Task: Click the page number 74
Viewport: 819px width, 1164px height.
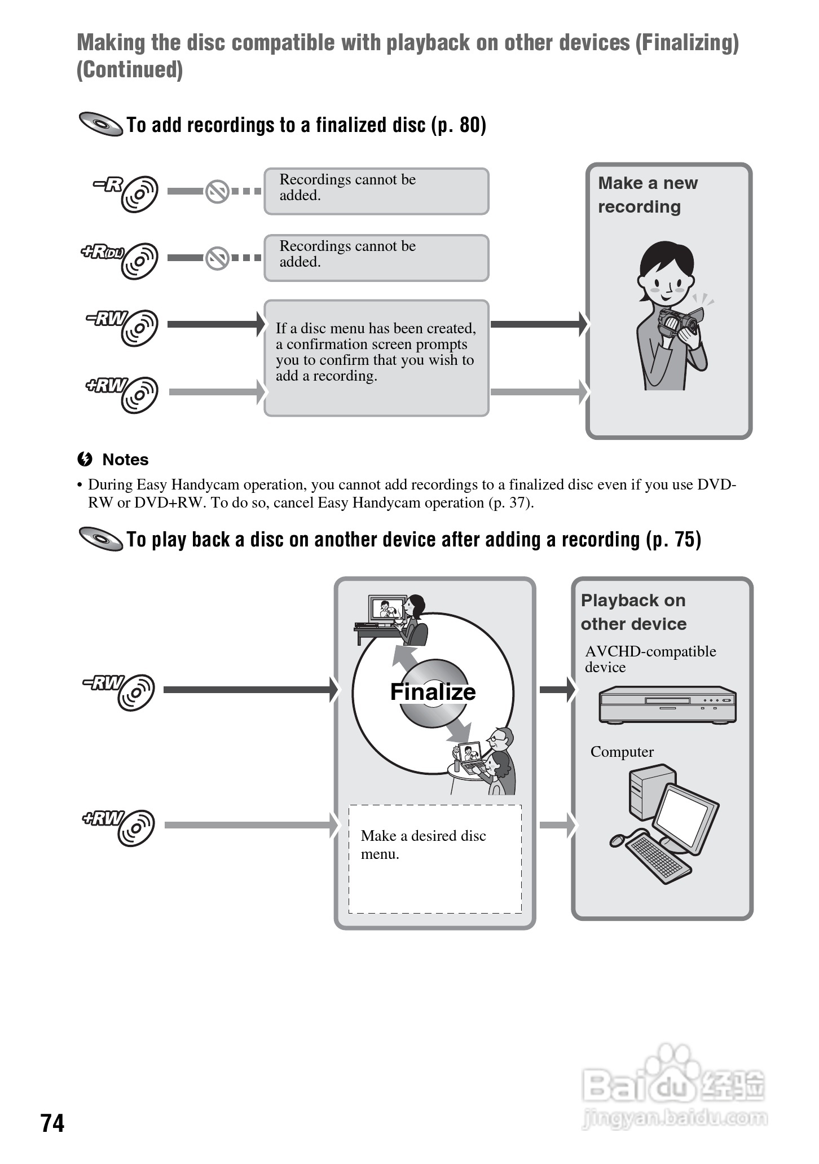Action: click(52, 1122)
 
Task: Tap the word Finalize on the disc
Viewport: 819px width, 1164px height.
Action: click(433, 692)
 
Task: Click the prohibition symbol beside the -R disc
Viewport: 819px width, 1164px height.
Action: click(217, 192)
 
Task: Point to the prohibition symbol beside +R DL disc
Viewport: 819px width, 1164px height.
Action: click(217, 258)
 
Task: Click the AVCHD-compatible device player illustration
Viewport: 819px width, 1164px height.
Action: click(667, 705)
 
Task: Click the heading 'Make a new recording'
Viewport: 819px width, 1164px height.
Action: click(647, 195)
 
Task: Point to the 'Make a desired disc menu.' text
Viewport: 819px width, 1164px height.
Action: click(423, 844)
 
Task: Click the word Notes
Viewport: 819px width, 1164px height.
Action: click(125, 460)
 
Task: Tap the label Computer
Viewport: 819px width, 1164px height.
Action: click(622, 752)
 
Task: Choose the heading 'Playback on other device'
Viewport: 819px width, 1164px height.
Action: click(633, 612)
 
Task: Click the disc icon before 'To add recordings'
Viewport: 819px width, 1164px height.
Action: click(101, 124)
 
